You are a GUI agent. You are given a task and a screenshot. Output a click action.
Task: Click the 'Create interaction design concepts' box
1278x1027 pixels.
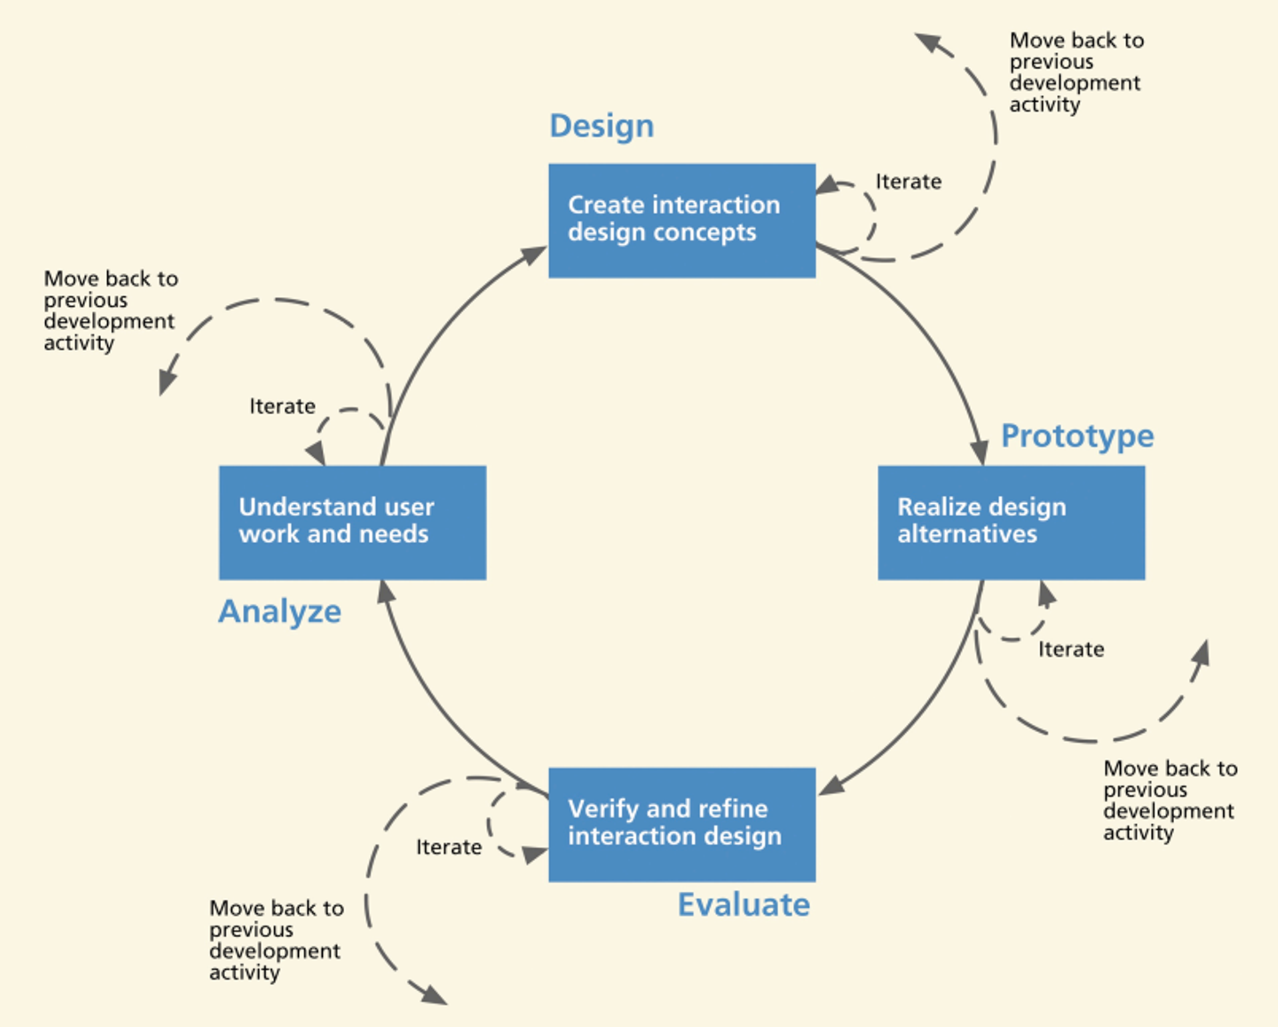click(682, 220)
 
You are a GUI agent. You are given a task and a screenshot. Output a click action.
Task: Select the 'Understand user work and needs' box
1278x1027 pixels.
click(352, 522)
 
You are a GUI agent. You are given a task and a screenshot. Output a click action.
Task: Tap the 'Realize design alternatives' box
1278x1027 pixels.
click(1011, 522)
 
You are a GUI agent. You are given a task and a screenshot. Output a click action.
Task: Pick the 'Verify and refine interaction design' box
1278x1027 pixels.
click(682, 825)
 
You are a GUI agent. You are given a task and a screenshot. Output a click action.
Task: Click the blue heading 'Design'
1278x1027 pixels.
click(602, 126)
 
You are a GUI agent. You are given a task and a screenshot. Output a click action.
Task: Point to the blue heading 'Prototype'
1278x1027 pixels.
click(1077, 437)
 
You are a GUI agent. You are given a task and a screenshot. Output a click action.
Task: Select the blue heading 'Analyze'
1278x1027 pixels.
click(280, 612)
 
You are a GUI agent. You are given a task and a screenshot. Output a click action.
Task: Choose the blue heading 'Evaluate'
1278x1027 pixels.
click(744, 905)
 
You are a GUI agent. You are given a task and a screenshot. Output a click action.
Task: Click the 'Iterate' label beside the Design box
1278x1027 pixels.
click(908, 182)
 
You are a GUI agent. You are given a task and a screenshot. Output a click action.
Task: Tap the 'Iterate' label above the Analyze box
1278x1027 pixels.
click(282, 406)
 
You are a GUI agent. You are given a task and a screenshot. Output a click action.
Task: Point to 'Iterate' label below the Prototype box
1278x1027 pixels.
click(1071, 649)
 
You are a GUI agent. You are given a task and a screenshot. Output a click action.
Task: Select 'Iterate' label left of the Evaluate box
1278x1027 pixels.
click(449, 847)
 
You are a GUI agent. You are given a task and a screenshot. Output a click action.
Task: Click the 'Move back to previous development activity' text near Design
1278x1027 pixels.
click(1076, 72)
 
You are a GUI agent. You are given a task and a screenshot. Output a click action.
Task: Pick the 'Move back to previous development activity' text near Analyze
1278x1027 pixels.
click(110, 310)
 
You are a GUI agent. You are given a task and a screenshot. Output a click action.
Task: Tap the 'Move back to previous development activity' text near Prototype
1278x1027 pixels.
click(1170, 800)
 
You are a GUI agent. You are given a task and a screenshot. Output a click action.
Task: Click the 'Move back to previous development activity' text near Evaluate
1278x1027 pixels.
click(276, 940)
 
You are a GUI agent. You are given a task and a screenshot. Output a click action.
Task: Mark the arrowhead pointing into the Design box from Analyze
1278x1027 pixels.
click(534, 254)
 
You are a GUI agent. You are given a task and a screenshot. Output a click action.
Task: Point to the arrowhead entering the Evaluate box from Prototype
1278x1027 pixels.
click(831, 786)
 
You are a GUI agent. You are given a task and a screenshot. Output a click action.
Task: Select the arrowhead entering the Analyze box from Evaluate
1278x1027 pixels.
click(385, 591)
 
